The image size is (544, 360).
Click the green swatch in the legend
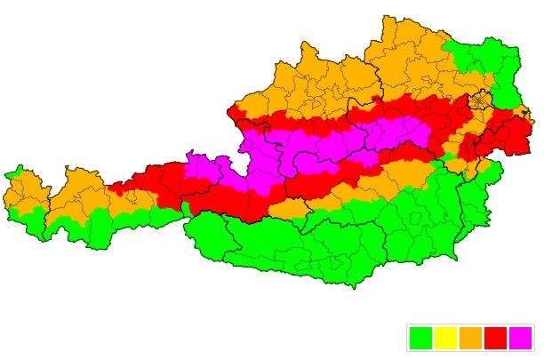point(420,338)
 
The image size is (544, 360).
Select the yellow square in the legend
point(445,338)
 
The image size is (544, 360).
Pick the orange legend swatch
point(470,338)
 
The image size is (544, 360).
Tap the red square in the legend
point(495,338)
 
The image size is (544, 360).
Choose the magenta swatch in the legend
point(520,338)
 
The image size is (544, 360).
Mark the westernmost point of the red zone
point(109,188)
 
